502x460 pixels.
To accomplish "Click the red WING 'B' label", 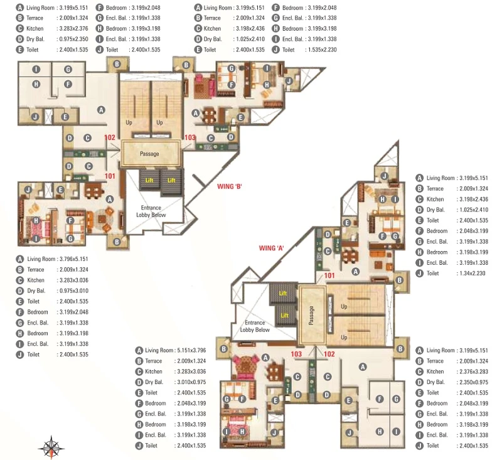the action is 229,186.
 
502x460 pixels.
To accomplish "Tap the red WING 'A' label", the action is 271,248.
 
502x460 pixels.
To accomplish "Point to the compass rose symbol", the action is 51,447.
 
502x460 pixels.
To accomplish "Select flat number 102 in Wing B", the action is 109,137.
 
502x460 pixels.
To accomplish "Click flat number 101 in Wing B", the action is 110,176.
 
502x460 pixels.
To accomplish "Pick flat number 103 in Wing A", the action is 296,354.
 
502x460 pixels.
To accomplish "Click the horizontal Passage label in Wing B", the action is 149,154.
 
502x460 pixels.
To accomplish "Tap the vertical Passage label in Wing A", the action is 311,315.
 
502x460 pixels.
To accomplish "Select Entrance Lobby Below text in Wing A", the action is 255,326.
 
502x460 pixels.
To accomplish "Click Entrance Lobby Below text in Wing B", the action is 151,211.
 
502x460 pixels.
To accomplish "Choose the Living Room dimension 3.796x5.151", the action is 73,259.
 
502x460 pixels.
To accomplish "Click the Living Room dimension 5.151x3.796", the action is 191,350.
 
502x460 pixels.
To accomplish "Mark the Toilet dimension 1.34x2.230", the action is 473,273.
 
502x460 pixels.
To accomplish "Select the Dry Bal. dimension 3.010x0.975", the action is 191,382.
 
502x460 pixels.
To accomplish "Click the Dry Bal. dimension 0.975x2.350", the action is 73,39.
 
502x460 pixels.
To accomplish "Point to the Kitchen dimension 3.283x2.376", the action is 73,28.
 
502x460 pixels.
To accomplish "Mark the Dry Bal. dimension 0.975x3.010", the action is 73,291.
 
